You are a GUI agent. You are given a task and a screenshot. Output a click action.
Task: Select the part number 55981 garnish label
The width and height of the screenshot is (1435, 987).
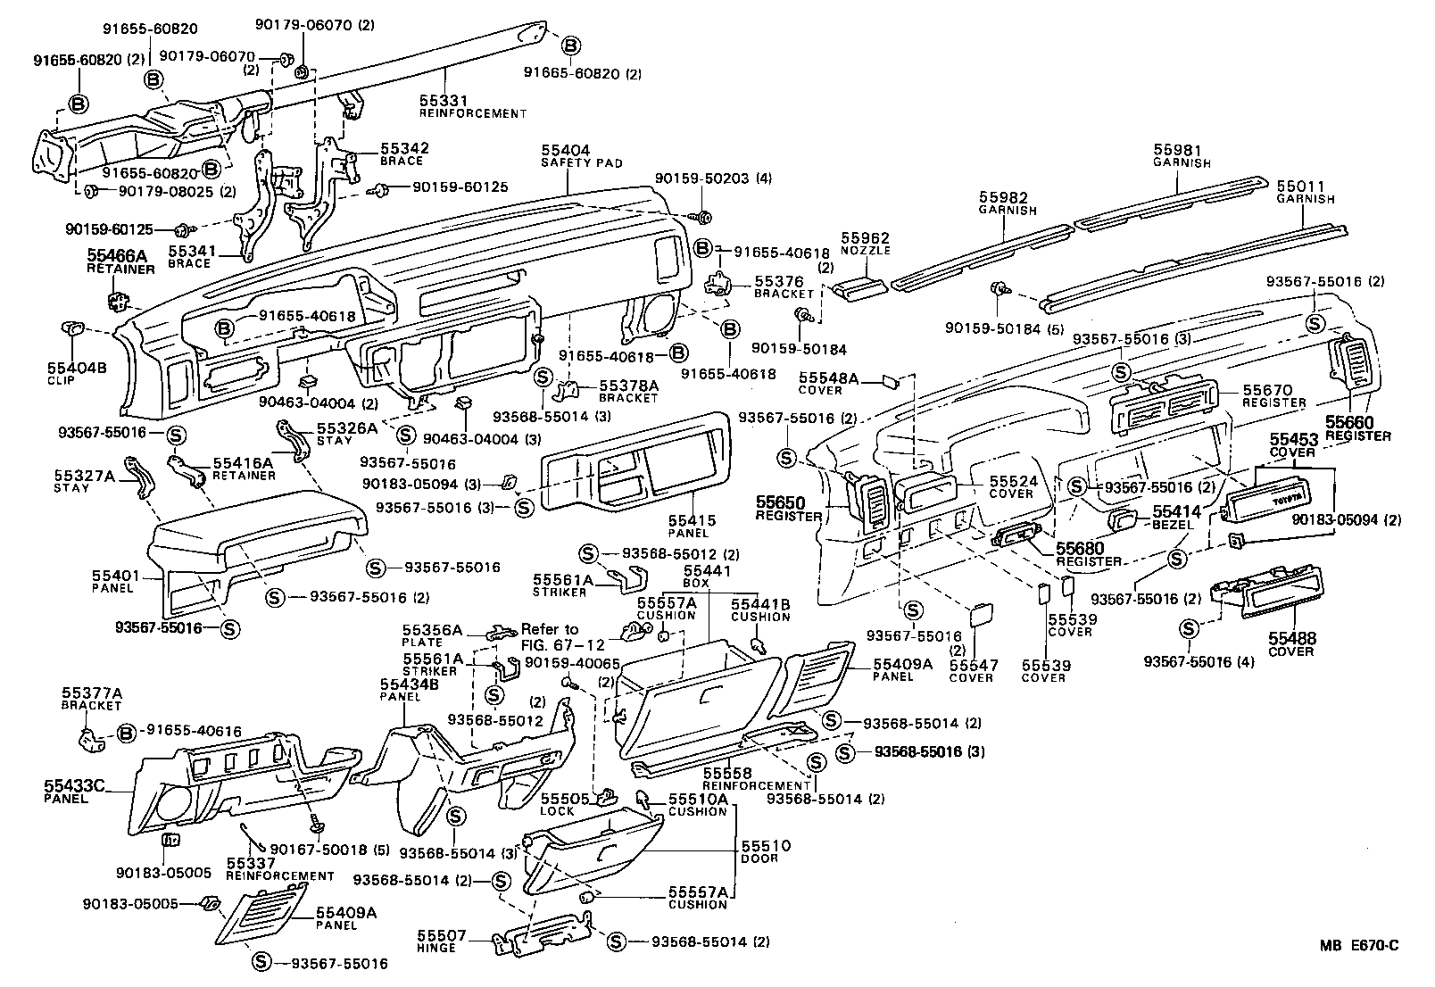point(1181,156)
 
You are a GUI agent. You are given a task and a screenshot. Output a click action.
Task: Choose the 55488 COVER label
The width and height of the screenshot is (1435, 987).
point(1293,645)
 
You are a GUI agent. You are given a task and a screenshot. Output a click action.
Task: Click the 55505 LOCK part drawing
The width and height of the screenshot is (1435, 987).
point(608,795)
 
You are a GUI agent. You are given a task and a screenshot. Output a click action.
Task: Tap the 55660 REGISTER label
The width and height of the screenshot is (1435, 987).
point(1357,428)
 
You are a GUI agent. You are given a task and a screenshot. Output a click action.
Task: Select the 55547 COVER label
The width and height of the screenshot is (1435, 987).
point(971,671)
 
